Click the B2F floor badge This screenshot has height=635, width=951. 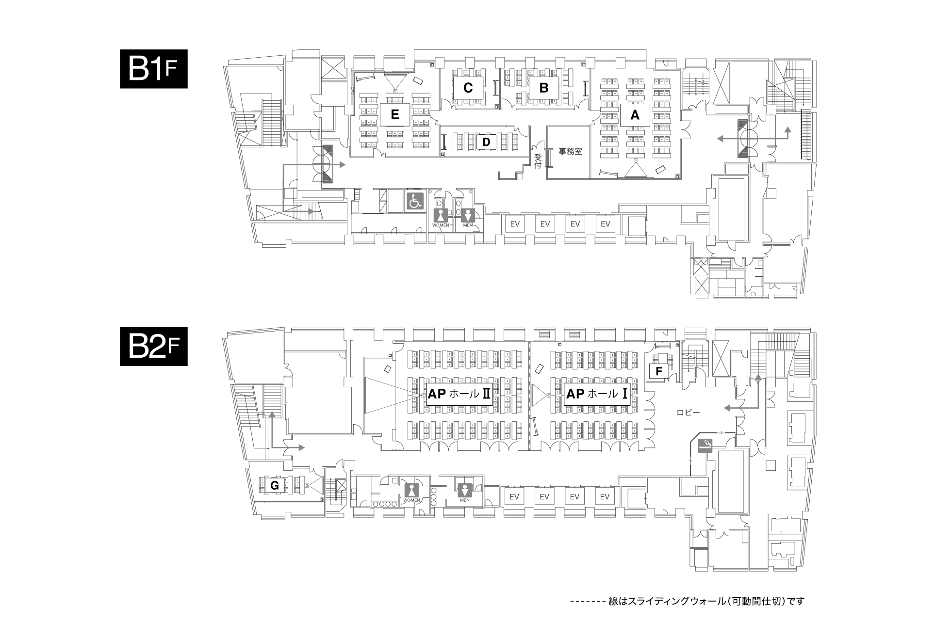154,348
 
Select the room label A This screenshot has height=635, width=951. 635,115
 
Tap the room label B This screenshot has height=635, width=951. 544,88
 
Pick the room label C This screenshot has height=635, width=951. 468,88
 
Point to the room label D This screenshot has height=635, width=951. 487,142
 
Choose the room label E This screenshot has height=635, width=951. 394,115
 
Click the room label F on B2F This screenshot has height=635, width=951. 658,372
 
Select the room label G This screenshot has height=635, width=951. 275,485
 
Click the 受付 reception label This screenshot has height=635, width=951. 538,161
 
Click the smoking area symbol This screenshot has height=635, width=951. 705,445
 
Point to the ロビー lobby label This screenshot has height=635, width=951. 689,413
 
